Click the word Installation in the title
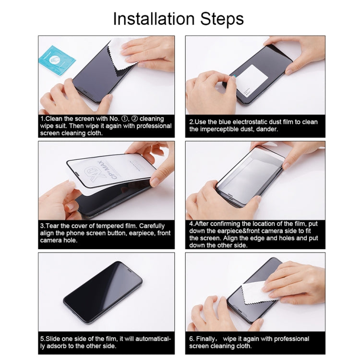152,19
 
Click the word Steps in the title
220,19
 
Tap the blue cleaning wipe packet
57,60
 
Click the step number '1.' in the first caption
42,119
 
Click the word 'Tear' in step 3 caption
54,226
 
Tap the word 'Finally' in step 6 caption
210,339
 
